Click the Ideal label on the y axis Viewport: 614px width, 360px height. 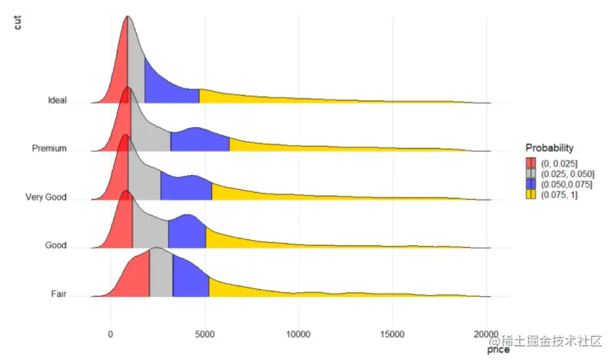[57, 100]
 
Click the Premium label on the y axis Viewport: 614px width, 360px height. [49, 148]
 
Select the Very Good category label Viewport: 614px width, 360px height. [45, 197]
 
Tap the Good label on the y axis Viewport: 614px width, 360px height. [55, 245]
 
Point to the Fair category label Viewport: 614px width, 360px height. [58, 293]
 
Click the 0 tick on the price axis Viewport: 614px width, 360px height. [110, 334]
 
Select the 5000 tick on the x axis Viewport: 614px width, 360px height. [205, 334]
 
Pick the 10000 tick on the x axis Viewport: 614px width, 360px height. [298, 334]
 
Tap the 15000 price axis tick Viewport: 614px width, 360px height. [392, 334]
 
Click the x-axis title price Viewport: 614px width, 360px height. [498, 349]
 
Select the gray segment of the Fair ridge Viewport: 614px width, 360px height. [161, 273]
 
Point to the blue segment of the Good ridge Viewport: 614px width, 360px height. [187, 232]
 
